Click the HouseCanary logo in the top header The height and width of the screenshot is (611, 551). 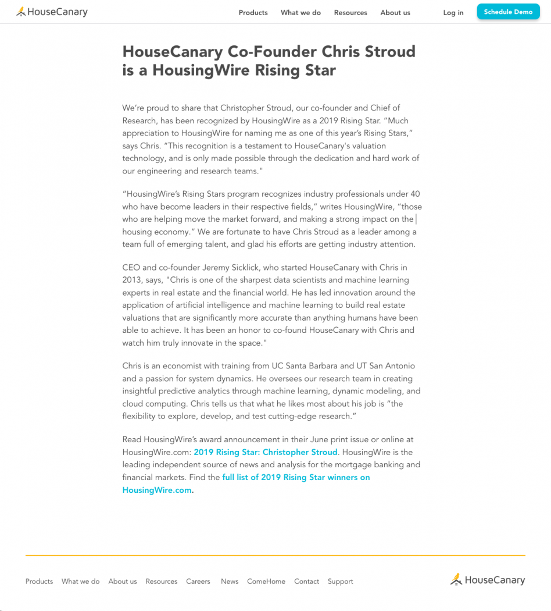click(52, 12)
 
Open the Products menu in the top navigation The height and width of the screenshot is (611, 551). click(253, 13)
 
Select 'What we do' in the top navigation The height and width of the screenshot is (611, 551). click(300, 13)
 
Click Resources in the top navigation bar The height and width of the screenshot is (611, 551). click(350, 13)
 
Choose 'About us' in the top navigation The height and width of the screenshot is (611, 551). click(395, 13)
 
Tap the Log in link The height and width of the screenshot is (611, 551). click(453, 13)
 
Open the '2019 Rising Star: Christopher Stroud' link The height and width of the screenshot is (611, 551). click(266, 452)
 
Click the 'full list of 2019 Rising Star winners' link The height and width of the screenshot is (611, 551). click(296, 477)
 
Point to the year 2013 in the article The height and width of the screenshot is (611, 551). click(131, 280)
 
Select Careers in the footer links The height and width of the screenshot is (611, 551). click(198, 581)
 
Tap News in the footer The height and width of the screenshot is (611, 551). click(230, 581)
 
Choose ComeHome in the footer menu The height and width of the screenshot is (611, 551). click(266, 581)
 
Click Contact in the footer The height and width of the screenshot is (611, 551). click(306, 581)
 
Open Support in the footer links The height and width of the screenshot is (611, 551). click(340, 581)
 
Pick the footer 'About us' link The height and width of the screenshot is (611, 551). click(123, 581)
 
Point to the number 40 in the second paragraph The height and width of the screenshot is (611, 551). click(415, 194)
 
